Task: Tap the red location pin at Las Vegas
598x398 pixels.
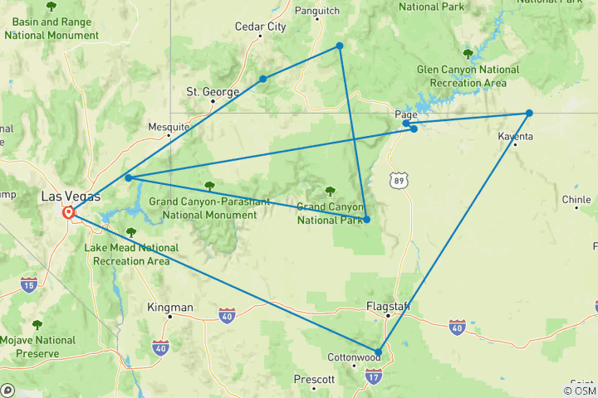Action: click(x=68, y=212)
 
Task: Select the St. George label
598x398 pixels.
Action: click(x=213, y=91)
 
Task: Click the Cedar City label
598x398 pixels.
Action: click(x=260, y=27)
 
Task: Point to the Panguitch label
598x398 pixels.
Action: click(x=318, y=11)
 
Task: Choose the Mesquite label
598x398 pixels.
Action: click(x=169, y=127)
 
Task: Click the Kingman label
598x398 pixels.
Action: click(x=169, y=307)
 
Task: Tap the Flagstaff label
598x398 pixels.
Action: click(x=389, y=306)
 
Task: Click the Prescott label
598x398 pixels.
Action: click(x=314, y=379)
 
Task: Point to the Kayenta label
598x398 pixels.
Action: click(x=516, y=136)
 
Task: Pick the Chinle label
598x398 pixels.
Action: click(x=576, y=199)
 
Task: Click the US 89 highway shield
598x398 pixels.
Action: click(x=399, y=178)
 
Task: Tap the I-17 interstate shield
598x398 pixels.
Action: click(x=373, y=377)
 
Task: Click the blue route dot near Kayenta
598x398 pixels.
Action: click(x=529, y=113)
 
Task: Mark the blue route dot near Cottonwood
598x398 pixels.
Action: click(x=378, y=352)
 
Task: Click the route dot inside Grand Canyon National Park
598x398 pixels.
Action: click(x=366, y=220)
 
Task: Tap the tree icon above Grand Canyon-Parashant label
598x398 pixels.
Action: click(x=209, y=186)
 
